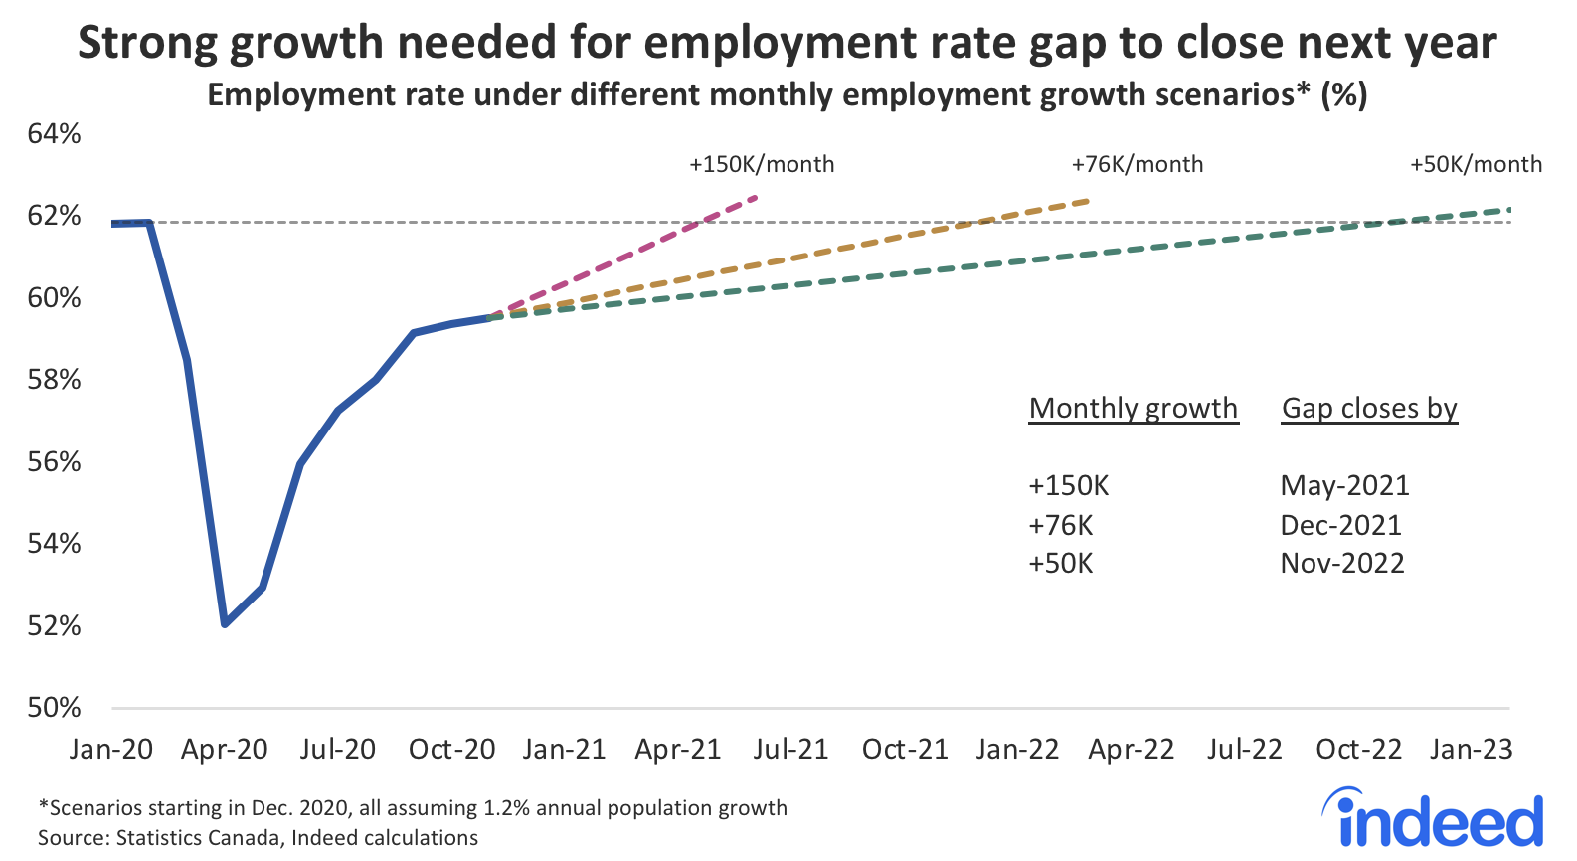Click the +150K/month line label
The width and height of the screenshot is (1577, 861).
762,165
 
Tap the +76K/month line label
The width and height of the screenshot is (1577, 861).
1138,165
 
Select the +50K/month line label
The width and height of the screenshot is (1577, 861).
1476,165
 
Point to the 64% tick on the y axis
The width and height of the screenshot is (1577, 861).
55,134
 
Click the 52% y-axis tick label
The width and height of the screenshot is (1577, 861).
55,626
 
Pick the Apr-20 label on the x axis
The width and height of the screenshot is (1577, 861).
225,750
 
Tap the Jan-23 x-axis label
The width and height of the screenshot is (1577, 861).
1472,750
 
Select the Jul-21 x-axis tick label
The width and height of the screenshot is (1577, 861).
790,750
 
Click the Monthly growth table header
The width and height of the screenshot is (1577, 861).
1134,409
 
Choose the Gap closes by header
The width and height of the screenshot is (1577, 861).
1369,409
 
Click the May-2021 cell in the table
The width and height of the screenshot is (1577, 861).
1344,485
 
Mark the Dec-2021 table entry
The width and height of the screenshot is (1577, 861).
1340,525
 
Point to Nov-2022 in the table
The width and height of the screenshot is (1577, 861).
1342,564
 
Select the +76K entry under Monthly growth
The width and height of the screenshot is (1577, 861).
1061,525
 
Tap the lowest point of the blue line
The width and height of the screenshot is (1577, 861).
226,624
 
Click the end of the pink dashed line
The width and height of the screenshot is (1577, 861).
758,196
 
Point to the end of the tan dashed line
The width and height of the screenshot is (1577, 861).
1090,201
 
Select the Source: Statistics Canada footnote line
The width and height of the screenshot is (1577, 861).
259,838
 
